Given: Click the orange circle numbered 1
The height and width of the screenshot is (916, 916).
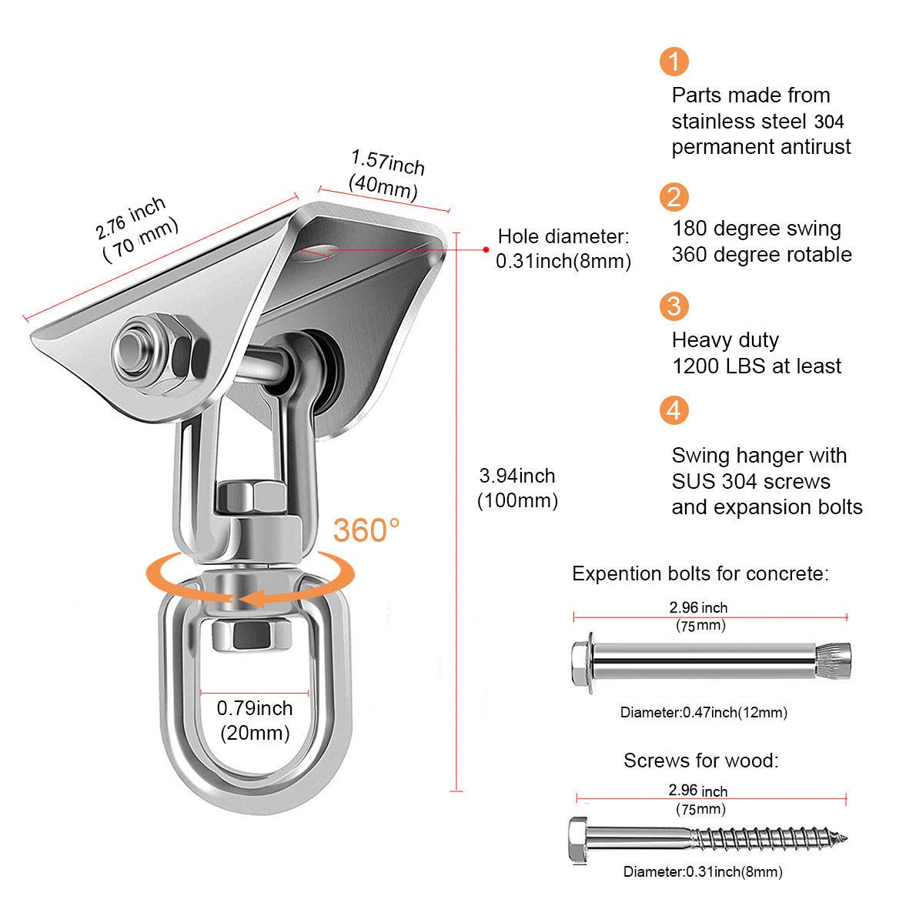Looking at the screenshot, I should pyautogui.click(x=674, y=61).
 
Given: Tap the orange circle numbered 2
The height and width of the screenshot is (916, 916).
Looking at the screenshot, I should pyautogui.click(x=674, y=197).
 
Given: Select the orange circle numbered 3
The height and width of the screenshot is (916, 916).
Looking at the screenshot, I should pyautogui.click(x=674, y=306).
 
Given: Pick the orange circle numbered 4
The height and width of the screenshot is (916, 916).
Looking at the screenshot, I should pyautogui.click(x=674, y=410).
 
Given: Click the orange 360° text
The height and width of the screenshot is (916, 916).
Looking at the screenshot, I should pyautogui.click(x=366, y=530).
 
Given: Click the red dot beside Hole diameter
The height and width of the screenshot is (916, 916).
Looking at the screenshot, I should pyautogui.click(x=486, y=249).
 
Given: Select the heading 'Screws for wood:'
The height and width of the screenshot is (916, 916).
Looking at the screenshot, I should pyautogui.click(x=700, y=761).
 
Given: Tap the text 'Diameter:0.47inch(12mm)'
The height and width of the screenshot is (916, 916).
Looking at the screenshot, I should pyautogui.click(x=704, y=713).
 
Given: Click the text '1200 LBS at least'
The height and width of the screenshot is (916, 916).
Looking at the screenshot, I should pyautogui.click(x=756, y=366).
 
